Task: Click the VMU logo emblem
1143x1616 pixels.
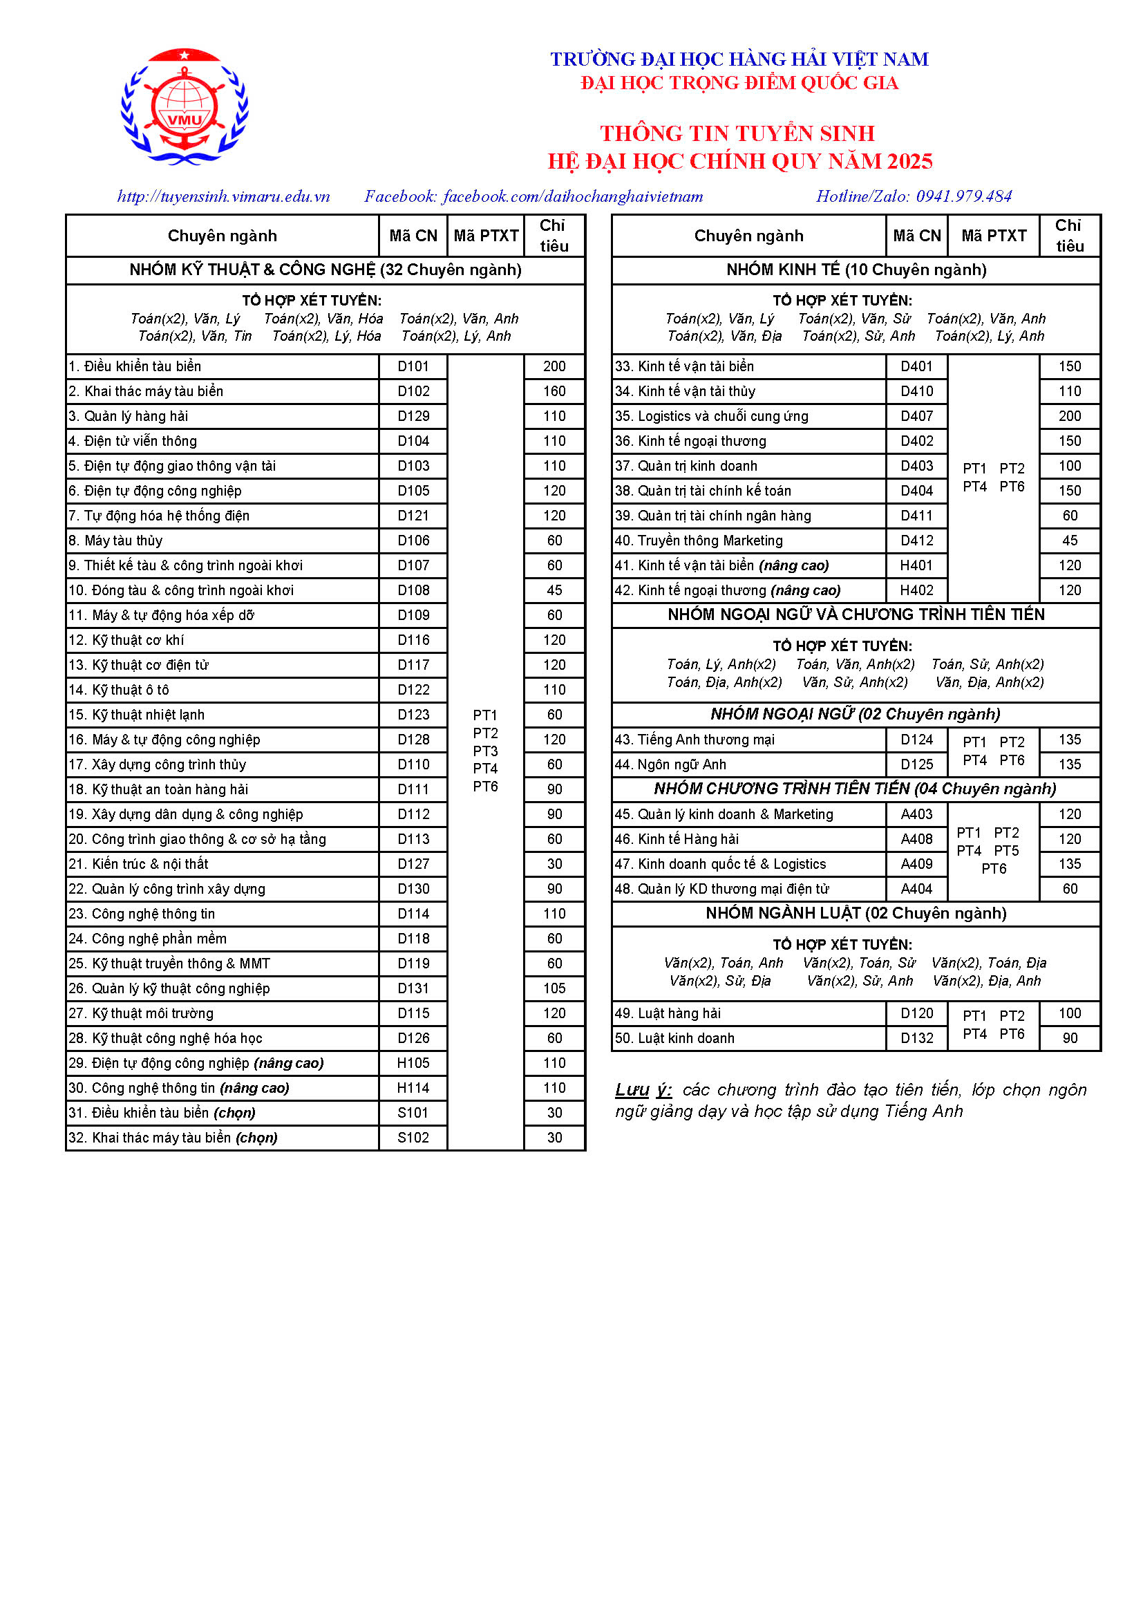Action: [185, 106]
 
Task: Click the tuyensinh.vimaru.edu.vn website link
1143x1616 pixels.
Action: [223, 196]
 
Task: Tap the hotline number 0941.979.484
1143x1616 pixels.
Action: [963, 196]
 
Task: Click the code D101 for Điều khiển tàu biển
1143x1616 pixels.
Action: [413, 367]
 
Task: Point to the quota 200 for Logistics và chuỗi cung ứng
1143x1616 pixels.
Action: [1069, 417]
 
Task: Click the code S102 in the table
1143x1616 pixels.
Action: [413, 1138]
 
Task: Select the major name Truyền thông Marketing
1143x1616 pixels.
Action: [710, 541]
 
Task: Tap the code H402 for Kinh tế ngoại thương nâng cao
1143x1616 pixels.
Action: [916, 590]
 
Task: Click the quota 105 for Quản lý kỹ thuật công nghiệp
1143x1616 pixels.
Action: [554, 989]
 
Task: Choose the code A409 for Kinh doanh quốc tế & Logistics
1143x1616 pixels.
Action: [916, 864]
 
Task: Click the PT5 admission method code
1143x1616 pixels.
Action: [1006, 851]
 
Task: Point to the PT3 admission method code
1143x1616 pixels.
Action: [485, 751]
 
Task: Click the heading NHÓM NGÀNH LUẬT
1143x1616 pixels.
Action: [856, 914]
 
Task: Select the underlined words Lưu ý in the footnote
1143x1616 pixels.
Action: [643, 1090]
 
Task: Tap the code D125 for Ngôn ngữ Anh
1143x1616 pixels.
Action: [916, 764]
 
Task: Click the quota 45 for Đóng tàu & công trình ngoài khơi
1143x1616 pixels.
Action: [554, 590]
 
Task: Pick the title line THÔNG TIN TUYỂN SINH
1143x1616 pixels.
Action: [737, 133]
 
